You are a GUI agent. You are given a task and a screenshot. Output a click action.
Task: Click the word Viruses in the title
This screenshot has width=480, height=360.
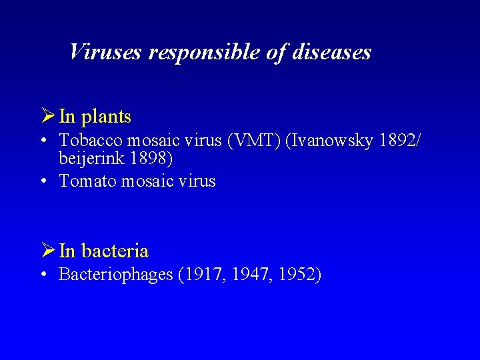(x=105, y=52)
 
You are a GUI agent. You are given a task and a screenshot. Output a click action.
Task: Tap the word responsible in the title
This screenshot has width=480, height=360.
(x=204, y=52)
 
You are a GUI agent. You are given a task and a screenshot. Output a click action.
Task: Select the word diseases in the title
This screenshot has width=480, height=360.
(x=331, y=52)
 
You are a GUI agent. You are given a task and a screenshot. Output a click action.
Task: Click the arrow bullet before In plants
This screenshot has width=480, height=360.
(x=47, y=116)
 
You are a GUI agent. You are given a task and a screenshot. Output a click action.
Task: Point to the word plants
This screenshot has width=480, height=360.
(x=105, y=117)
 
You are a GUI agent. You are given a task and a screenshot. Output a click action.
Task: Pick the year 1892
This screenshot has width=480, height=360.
(x=397, y=141)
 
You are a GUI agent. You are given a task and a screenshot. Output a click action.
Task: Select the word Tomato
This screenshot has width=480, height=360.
(x=87, y=181)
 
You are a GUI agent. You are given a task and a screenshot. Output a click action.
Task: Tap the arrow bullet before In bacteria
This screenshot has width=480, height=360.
(x=47, y=251)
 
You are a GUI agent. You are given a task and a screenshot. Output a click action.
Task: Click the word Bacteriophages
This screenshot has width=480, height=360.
(x=116, y=275)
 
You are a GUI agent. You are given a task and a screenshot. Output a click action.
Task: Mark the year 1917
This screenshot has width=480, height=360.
(x=202, y=275)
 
